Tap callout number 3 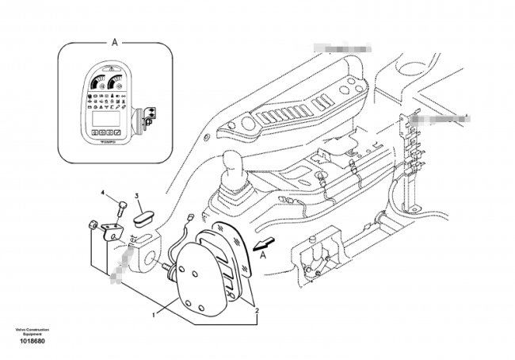pos(136,196)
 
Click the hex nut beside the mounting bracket pos(94,224)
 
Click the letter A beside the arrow pos(264,255)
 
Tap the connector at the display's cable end pos(189,216)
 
